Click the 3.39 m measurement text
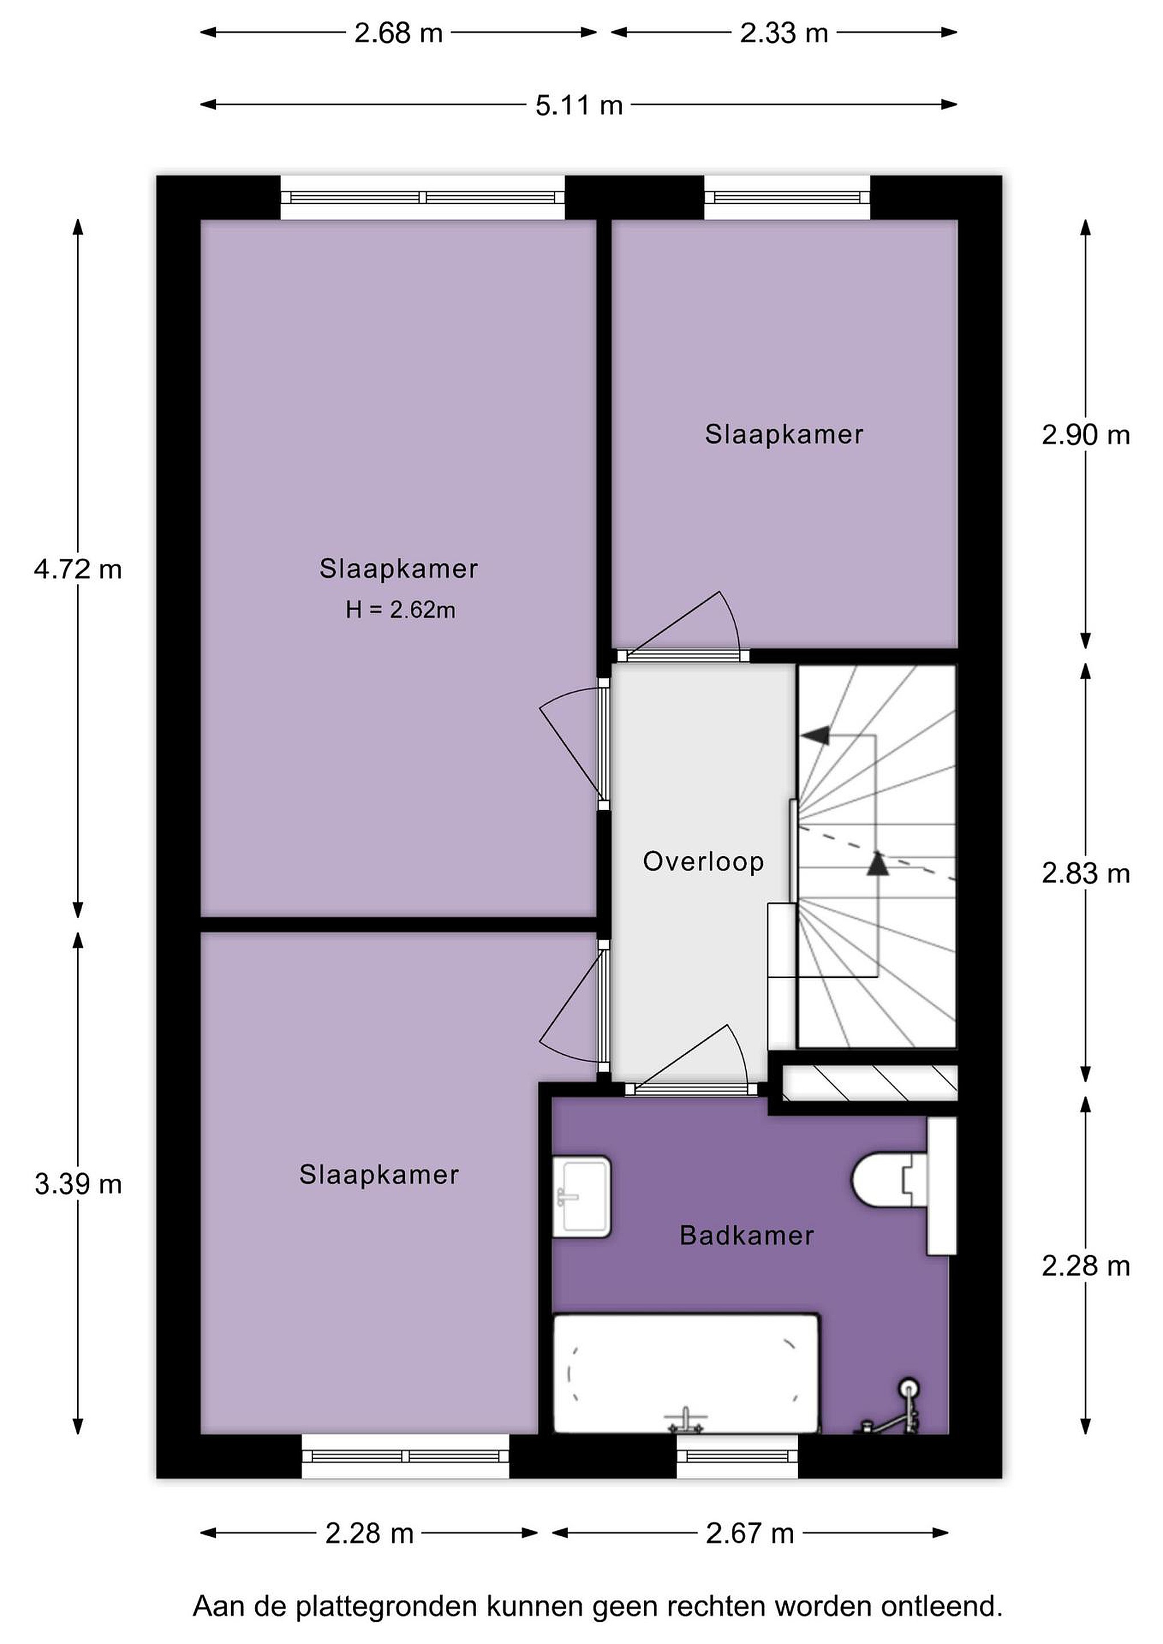(x=78, y=1184)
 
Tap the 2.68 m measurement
(x=398, y=33)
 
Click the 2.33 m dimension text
(x=784, y=33)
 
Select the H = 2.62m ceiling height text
(x=400, y=610)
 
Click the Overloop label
(x=703, y=861)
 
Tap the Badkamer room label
(x=747, y=1235)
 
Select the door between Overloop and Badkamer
(x=691, y=1089)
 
